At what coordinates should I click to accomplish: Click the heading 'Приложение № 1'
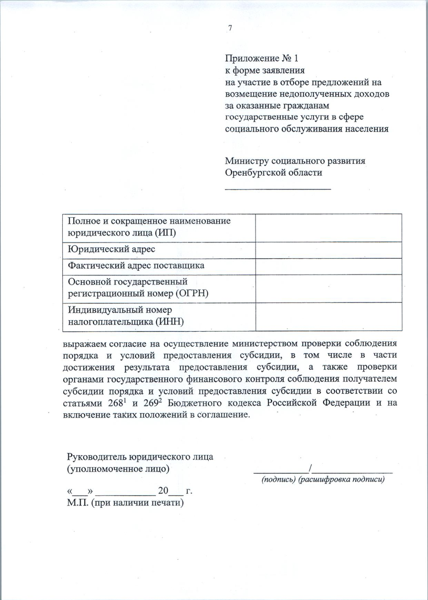(x=261, y=58)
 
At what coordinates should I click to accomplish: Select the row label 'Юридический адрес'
(x=111, y=249)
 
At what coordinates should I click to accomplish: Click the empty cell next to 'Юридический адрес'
(x=328, y=250)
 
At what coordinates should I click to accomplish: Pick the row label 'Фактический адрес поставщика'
(x=136, y=266)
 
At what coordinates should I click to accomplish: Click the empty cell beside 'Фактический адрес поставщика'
(x=328, y=266)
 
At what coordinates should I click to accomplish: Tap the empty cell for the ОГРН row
(x=328, y=288)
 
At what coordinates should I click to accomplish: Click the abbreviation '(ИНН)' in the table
(x=169, y=322)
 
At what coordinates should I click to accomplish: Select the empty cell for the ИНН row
(x=328, y=317)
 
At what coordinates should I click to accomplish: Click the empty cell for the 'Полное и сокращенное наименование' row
(x=328, y=228)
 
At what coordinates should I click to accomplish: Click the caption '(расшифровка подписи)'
(x=341, y=480)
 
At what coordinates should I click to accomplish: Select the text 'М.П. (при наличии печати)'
(x=125, y=503)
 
